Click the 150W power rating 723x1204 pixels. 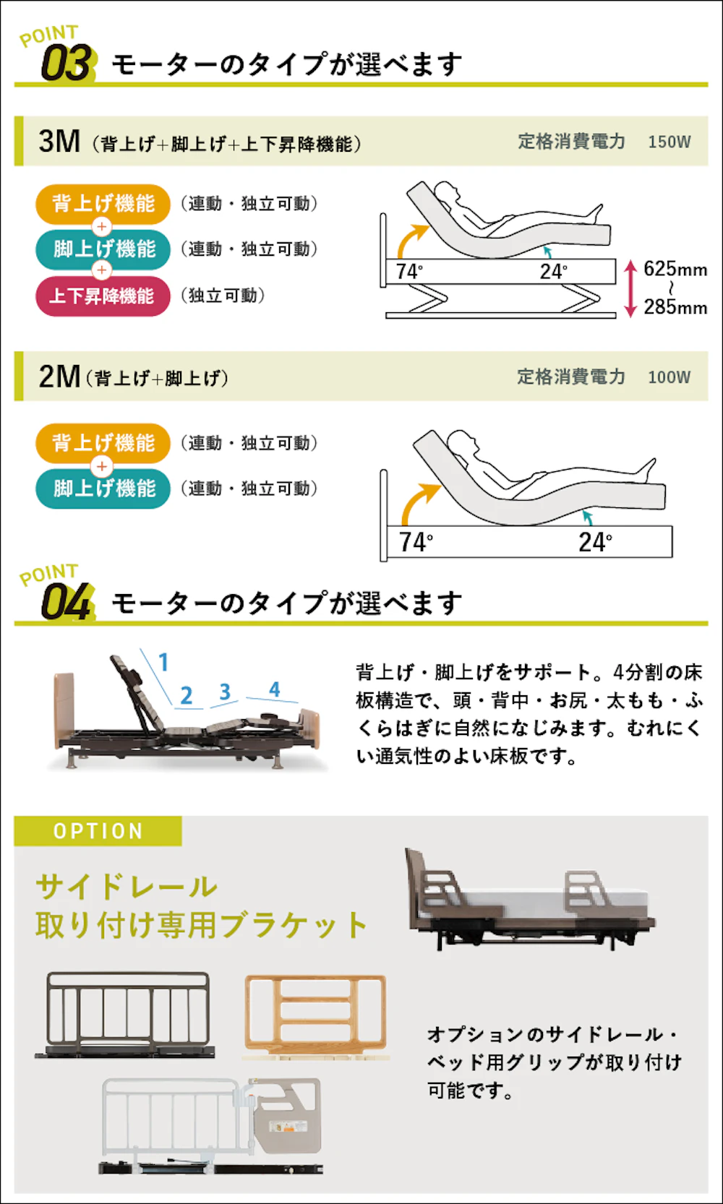point(669,142)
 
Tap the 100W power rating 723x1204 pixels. point(669,377)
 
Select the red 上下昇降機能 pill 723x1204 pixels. point(103,296)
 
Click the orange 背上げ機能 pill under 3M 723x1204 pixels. point(103,204)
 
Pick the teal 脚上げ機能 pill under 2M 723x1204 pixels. point(103,489)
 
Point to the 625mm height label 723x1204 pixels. point(675,269)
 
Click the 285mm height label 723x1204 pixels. point(675,307)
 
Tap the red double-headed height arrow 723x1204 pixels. point(630,288)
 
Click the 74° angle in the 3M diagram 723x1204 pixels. point(409,272)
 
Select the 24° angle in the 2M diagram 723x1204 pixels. point(595,542)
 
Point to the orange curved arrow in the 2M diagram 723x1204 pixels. point(415,499)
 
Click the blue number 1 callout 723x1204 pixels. point(164,662)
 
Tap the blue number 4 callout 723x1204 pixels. point(275,689)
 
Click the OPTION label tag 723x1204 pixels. point(98,831)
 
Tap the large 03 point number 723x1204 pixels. point(66,63)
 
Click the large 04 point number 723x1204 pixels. point(66,602)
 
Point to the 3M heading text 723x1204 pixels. point(59,142)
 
